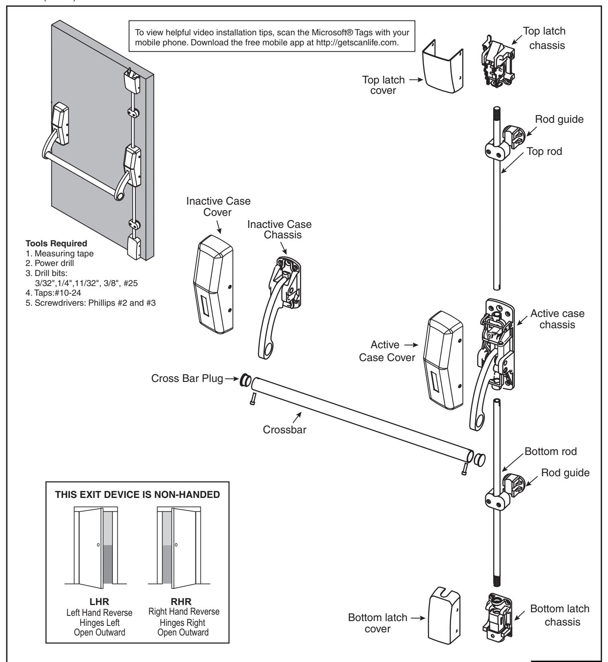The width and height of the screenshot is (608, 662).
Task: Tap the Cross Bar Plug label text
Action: tap(187, 379)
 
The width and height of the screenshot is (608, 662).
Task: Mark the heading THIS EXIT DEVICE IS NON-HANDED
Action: tap(139, 494)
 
